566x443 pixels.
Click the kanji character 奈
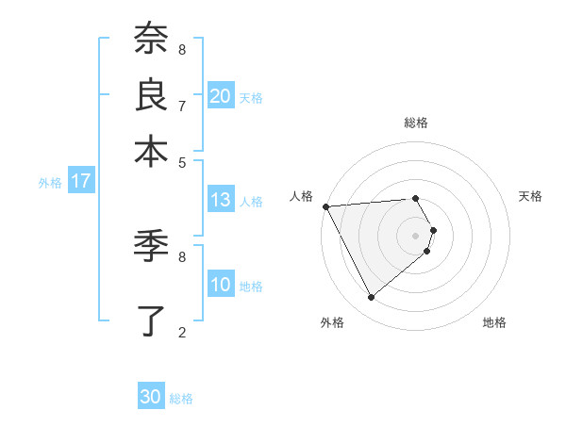point(152,39)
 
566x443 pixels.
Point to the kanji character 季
point(152,246)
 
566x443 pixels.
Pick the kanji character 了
point(152,320)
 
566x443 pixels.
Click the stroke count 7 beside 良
point(182,106)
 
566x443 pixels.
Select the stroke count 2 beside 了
point(182,332)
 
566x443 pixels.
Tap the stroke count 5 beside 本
point(182,161)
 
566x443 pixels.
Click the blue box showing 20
point(220,95)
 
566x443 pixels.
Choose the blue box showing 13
point(220,200)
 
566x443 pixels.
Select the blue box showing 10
point(220,285)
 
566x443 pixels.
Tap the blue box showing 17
point(80,182)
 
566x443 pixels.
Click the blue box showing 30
point(151,397)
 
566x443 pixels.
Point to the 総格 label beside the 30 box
point(181,399)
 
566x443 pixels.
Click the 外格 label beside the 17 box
point(50,183)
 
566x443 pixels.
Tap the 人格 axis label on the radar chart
point(302,196)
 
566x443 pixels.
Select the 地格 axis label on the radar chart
point(494,323)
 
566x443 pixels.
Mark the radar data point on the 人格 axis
point(325,206)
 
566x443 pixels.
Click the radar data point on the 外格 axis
point(371,297)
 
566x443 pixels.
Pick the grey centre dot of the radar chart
point(415,235)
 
